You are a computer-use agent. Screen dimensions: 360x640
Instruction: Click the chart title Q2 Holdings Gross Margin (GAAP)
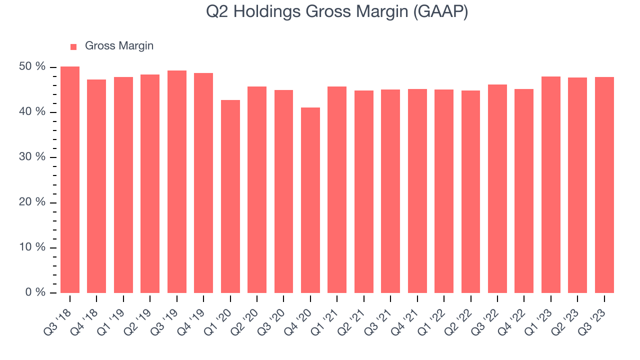click(x=337, y=12)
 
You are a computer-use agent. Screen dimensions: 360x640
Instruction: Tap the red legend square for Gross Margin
click(x=73, y=46)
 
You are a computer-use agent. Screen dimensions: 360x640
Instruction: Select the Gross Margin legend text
click(x=119, y=46)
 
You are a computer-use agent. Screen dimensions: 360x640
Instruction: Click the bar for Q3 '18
click(x=70, y=180)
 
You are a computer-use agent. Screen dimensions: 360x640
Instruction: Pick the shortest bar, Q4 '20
click(x=310, y=200)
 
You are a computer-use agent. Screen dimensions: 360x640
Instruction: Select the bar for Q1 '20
click(x=230, y=196)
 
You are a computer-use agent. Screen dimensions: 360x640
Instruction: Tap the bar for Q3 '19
click(x=177, y=181)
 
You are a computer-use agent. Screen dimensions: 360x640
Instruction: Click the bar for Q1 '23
click(x=551, y=184)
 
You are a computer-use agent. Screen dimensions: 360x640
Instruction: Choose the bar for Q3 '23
click(x=604, y=185)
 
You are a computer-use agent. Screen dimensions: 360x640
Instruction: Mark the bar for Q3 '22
click(x=497, y=189)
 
